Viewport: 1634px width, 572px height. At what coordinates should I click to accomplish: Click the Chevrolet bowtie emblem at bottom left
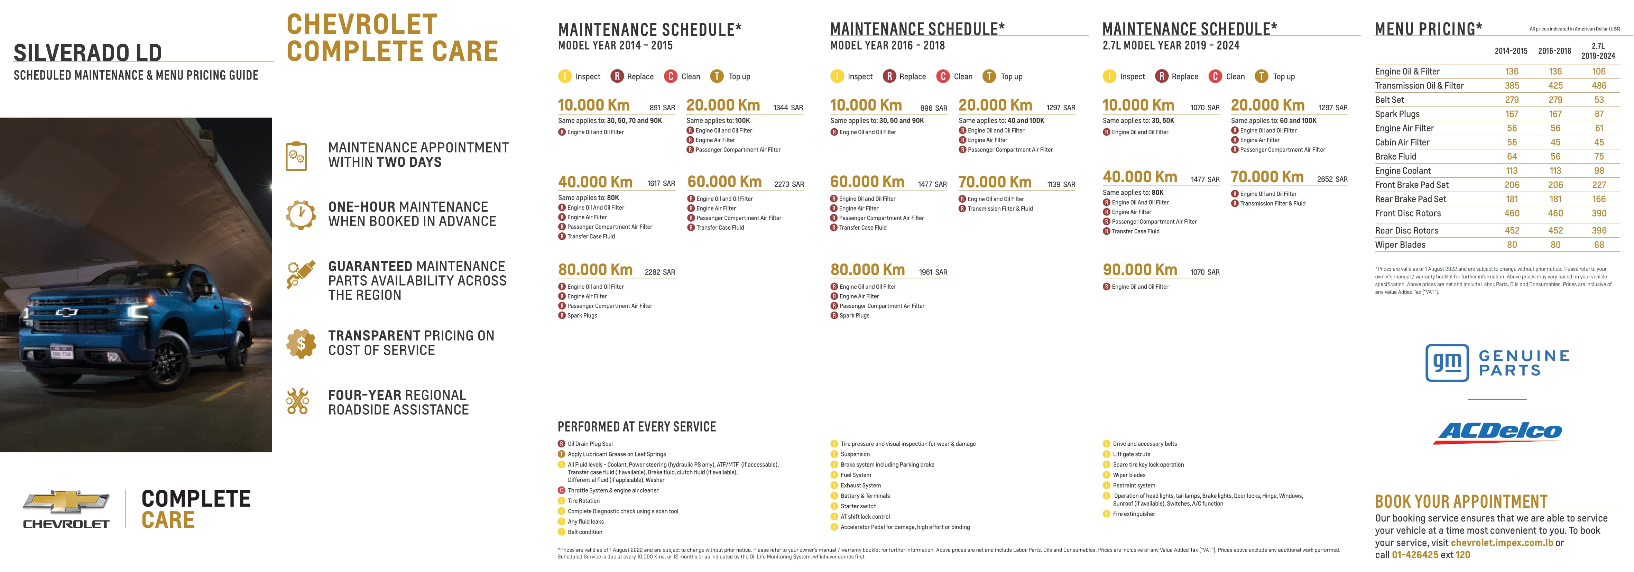(x=66, y=501)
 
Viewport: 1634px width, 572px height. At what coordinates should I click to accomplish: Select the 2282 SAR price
(x=660, y=272)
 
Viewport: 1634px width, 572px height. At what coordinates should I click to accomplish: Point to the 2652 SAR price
(x=1332, y=179)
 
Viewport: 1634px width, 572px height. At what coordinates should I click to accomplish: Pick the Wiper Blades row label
(x=1400, y=245)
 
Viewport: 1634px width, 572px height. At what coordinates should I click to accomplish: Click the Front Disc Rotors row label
(x=1407, y=213)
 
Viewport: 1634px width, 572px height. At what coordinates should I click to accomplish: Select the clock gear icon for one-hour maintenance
(x=301, y=214)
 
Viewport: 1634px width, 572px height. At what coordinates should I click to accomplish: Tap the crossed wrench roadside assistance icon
(x=297, y=402)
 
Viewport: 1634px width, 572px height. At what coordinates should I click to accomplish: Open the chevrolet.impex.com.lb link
(x=1502, y=543)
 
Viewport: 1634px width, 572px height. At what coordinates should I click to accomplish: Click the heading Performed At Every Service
(x=636, y=427)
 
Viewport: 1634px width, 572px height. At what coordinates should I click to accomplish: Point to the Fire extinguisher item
(x=1134, y=514)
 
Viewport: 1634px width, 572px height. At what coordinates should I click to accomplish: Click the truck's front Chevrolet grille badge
(x=67, y=312)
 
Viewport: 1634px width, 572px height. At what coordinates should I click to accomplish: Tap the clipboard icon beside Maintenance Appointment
(x=296, y=155)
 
